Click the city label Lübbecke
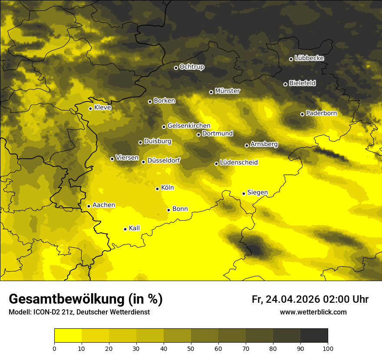[309, 58]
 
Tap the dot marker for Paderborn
[302, 114]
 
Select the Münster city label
[227, 91]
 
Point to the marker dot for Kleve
[90, 108]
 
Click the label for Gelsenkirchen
[189, 126]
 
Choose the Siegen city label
[257, 193]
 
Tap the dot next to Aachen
[89, 206]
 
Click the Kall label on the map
[134, 228]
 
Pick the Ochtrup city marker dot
[176, 68]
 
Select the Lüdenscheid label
[239, 163]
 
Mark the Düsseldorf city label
[163, 161]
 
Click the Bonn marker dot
[168, 210]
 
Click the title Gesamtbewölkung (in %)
[86, 299]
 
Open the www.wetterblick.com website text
[313, 312]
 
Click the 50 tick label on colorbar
[191, 348]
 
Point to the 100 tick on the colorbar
[328, 348]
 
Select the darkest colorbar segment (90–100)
[314, 335]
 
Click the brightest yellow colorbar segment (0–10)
[68, 335]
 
